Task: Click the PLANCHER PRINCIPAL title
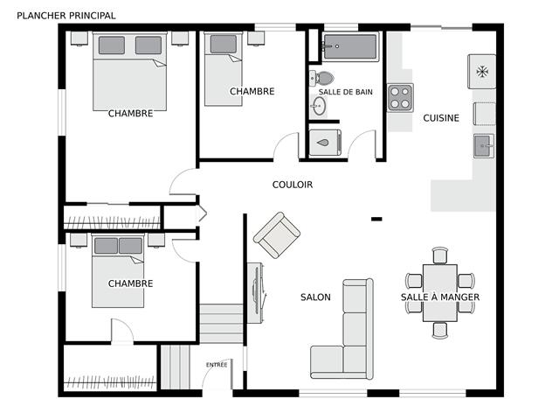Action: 66,16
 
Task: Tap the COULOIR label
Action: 293,185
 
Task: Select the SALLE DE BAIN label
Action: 345,92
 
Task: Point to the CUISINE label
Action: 441,118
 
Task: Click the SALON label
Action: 315,297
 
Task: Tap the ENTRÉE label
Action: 217,365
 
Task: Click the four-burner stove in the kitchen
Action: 400,97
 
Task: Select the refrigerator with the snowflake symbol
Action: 481,72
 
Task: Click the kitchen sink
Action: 484,146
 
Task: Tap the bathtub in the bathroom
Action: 350,46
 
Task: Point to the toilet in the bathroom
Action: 321,78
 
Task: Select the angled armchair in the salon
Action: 277,235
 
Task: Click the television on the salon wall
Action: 256,294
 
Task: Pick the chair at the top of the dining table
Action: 440,255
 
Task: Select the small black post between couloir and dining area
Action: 376,219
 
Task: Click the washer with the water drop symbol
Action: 325,143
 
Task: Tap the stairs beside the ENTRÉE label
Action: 175,367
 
